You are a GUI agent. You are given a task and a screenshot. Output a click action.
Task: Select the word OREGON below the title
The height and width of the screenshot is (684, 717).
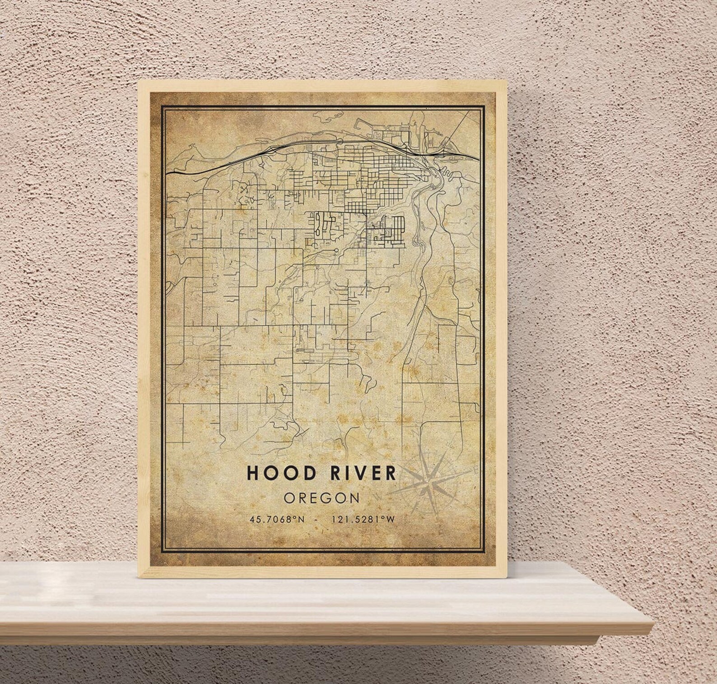click(x=322, y=498)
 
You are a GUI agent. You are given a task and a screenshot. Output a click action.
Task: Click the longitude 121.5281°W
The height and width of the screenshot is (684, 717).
click(x=363, y=519)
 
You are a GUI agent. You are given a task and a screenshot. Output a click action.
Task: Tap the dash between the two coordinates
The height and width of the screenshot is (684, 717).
click(x=319, y=519)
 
